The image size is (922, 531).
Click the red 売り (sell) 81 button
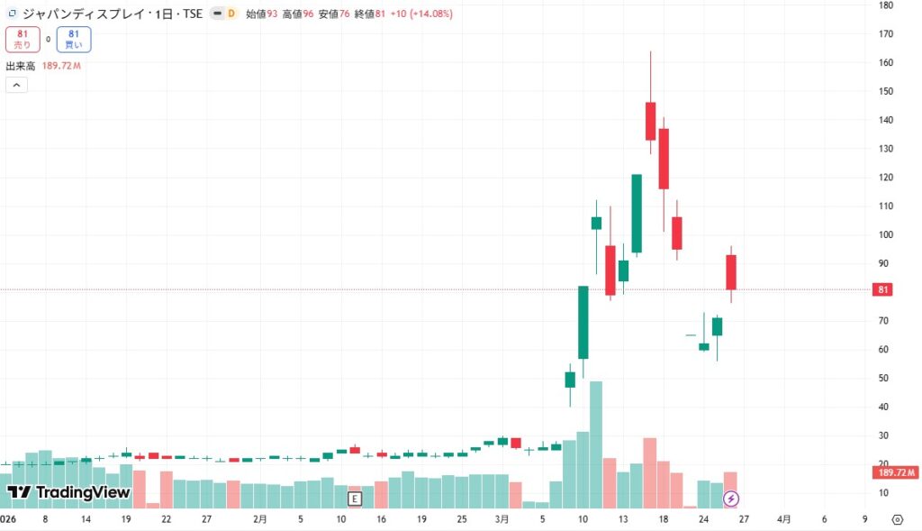[x=22, y=39]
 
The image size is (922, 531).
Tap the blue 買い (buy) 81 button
[x=73, y=39]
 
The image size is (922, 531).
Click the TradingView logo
[x=69, y=492]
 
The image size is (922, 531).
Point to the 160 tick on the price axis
[x=886, y=62]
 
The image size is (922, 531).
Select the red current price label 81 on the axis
[x=884, y=289]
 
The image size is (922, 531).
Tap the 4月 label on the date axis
[x=784, y=519]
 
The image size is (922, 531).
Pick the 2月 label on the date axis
[x=260, y=519]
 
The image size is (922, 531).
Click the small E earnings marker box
[x=355, y=498]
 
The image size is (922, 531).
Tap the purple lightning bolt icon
[x=732, y=498]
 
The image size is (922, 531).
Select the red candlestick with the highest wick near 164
[x=650, y=121]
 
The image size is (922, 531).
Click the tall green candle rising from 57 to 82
[x=583, y=322]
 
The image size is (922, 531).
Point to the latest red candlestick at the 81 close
[x=731, y=271]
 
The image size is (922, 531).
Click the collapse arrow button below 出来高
[x=16, y=85]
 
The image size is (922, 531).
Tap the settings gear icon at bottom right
[x=898, y=519]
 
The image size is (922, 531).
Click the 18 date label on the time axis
[x=663, y=519]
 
